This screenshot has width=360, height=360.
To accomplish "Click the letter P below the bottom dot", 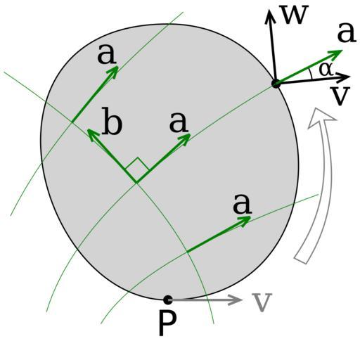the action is click(167, 323).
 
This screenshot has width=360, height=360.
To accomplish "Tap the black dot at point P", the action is click(168, 300).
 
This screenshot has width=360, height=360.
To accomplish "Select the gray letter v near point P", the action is click(262, 302).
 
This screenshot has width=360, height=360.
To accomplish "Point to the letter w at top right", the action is click(294, 15).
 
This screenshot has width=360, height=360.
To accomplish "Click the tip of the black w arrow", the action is click(270, 10).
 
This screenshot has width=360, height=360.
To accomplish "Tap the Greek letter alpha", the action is click(326, 70).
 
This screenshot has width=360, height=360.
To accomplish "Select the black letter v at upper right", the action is click(340, 96).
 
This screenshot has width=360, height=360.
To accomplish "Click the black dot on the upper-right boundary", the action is click(276, 84).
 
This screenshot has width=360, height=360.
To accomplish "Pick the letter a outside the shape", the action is click(347, 33).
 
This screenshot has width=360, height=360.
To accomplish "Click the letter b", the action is click(112, 121).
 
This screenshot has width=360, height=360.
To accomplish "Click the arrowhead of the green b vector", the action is click(91, 134).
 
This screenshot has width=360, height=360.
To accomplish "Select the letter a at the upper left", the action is click(107, 54).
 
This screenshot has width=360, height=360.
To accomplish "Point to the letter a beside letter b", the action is click(179, 122).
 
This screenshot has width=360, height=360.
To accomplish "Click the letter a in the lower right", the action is click(242, 204).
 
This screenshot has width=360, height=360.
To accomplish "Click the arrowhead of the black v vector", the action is click(344, 77).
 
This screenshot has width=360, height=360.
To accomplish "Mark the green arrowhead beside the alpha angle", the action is click(336, 53).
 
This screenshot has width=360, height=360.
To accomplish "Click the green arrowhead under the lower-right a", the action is click(245, 220).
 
